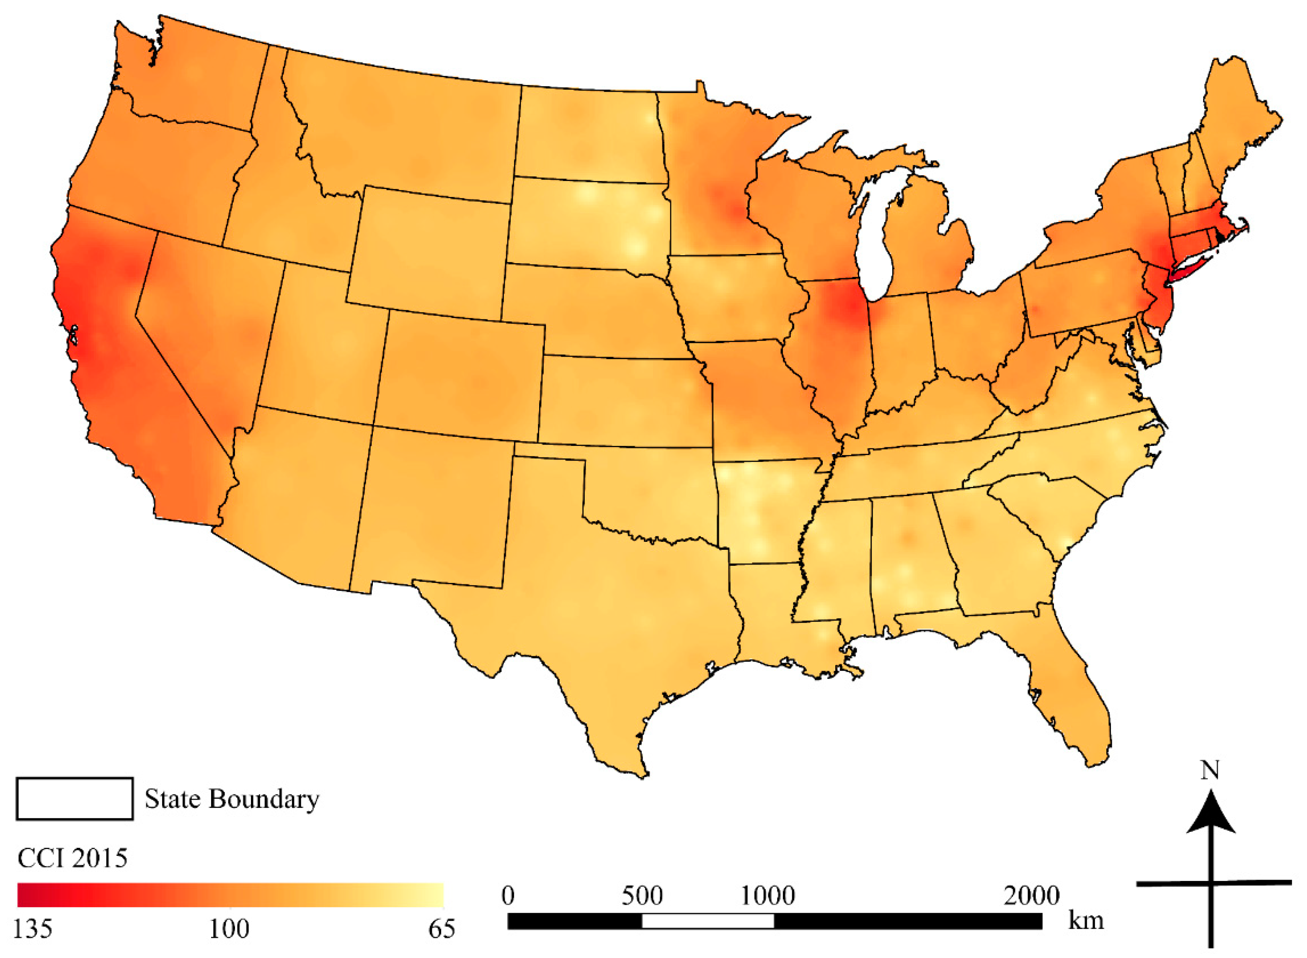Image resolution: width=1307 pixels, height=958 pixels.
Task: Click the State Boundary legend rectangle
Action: point(74,798)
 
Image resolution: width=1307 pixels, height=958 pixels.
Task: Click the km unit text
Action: point(1085,920)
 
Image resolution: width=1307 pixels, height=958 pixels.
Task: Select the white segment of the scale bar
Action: point(708,921)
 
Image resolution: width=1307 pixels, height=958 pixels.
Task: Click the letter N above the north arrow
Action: point(1210,771)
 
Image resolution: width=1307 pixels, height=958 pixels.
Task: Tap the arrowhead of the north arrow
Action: point(1210,815)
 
